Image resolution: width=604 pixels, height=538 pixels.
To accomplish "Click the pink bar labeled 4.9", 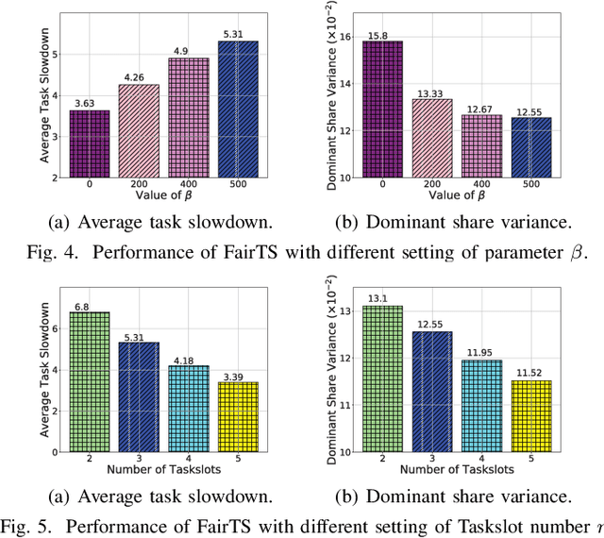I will pyautogui.click(x=188, y=117).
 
